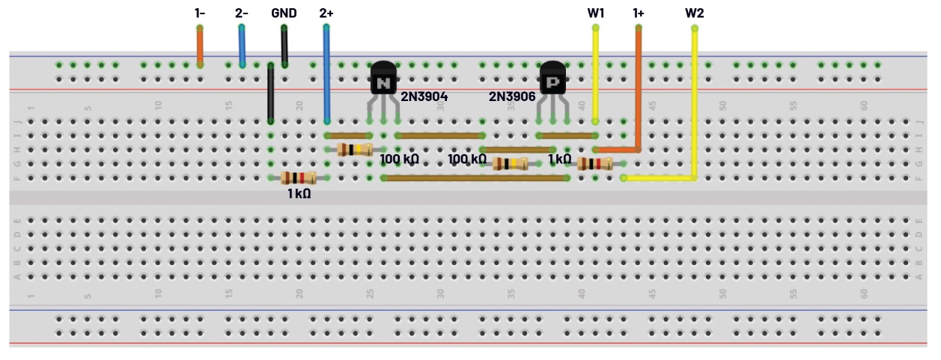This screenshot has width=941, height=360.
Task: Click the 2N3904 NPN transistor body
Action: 383,79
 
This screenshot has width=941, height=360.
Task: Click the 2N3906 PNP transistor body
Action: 553,79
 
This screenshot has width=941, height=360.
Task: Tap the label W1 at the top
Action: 597,13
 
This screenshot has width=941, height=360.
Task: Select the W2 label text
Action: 695,13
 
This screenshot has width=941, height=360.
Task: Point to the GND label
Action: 284,13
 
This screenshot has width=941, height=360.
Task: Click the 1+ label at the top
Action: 639,13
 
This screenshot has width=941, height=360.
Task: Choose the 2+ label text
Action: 326,13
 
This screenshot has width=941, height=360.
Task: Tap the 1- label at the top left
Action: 200,13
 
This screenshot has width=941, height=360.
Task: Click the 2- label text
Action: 242,13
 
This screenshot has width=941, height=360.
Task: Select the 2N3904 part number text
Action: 424,97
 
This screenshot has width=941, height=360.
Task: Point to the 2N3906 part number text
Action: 512,97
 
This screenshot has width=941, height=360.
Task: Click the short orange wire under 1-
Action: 200,46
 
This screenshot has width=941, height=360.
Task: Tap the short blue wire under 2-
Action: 242,46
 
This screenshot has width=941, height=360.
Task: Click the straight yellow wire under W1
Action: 596,75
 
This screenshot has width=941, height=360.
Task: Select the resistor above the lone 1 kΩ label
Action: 298,178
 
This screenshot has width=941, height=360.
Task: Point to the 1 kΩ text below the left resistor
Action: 299,193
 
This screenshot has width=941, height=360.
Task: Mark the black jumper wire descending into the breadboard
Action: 270,94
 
